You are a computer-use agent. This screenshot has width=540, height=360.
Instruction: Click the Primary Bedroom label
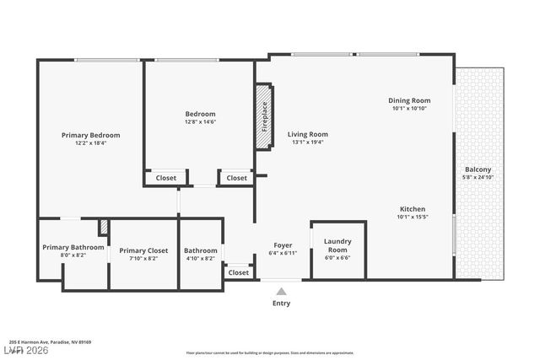[x=90, y=135]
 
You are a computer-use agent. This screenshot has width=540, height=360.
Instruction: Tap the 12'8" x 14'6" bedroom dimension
[x=201, y=122]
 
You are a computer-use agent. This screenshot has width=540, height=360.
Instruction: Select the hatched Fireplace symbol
[x=264, y=116]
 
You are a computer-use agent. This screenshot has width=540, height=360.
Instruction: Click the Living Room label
[x=307, y=134]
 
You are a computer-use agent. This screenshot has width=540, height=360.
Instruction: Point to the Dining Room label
[x=410, y=100]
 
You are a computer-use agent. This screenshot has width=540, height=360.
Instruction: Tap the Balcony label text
[x=478, y=169]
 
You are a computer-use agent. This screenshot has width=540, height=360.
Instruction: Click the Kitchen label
[x=413, y=209]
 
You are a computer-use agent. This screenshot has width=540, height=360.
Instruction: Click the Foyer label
[x=283, y=244]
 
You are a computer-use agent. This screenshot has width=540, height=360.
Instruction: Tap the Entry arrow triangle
[x=281, y=291]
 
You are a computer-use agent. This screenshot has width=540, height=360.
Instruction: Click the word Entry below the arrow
[x=281, y=304]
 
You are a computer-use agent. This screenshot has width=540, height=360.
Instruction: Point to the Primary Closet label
[x=143, y=250]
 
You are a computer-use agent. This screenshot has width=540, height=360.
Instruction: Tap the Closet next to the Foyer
[x=239, y=272]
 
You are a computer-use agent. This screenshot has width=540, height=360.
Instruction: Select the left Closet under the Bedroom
[x=166, y=178]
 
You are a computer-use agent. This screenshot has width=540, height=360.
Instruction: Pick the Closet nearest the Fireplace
[x=237, y=178]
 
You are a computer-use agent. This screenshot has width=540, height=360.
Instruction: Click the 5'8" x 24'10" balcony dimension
[x=478, y=177]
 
